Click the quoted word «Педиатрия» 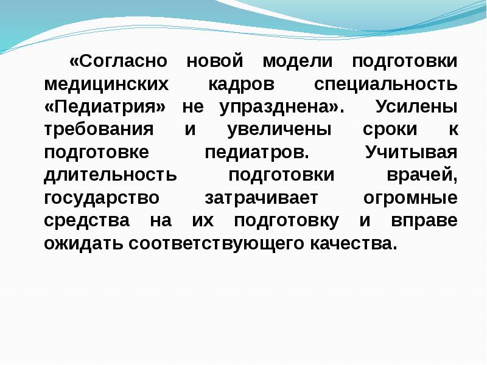click(105, 107)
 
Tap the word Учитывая click(411, 152)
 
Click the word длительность click(110, 175)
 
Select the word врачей click(421, 175)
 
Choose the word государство click(102, 198)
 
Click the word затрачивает click(262, 198)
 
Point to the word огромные click(410, 198)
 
